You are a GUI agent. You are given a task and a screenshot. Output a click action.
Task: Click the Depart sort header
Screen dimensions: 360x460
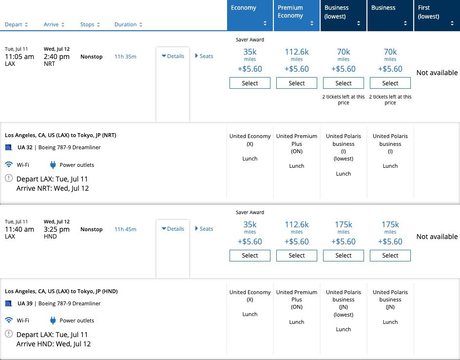pyautogui.click(x=16, y=24)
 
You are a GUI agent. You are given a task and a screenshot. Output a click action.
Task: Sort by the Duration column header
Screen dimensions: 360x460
pyautogui.click(x=128, y=24)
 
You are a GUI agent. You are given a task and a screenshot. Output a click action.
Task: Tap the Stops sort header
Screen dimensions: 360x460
pyautogui.click(x=90, y=24)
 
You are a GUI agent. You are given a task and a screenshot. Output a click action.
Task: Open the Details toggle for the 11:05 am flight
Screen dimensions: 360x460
pyautogui.click(x=173, y=56)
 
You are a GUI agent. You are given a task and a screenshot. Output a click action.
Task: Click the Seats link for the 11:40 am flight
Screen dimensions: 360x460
pyautogui.click(x=204, y=229)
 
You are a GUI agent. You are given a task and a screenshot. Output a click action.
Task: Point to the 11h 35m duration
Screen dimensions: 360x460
pyautogui.click(x=125, y=57)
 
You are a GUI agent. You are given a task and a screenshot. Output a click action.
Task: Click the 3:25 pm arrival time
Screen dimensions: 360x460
pyautogui.click(x=57, y=229)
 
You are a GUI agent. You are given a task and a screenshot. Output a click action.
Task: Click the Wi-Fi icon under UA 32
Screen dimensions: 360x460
pyautogui.click(x=9, y=165)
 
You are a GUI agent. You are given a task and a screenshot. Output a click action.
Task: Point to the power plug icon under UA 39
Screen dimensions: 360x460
pyautogui.click(x=53, y=320)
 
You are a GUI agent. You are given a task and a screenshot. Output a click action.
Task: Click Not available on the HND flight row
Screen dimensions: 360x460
pyautogui.click(x=437, y=237)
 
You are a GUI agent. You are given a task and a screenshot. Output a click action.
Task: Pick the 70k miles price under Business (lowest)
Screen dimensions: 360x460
pyautogui.click(x=344, y=52)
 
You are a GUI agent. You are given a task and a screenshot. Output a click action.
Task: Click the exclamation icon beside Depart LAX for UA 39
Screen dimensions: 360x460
pyautogui.click(x=9, y=335)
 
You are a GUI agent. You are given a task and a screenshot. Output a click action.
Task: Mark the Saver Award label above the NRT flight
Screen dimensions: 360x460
pyautogui.click(x=250, y=40)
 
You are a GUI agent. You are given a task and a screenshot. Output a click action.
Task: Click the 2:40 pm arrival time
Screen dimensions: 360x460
pyautogui.click(x=57, y=57)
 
